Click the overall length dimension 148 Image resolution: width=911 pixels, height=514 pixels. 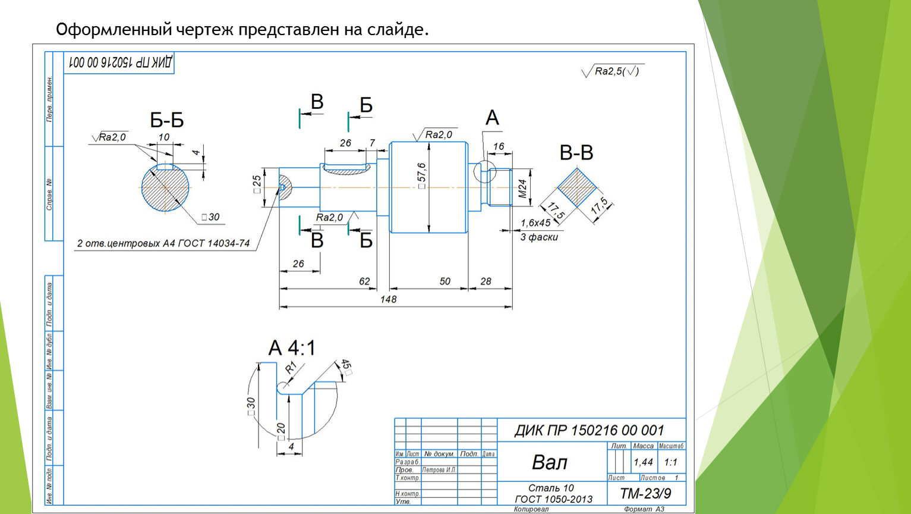(x=388, y=299)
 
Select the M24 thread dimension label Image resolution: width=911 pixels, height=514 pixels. (x=522, y=189)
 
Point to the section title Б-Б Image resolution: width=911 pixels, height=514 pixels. (x=167, y=120)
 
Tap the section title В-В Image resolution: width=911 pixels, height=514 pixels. (x=576, y=153)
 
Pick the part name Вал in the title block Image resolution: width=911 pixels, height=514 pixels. (x=549, y=462)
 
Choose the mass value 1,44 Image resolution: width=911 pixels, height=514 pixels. (x=643, y=462)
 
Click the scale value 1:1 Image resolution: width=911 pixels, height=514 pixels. (x=670, y=462)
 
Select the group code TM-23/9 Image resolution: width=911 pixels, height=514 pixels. (x=645, y=494)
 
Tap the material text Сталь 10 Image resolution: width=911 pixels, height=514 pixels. (x=551, y=488)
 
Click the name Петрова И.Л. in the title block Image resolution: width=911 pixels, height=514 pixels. (x=439, y=470)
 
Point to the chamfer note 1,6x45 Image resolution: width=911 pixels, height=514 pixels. (x=535, y=223)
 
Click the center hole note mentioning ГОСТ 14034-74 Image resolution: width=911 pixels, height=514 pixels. (x=163, y=243)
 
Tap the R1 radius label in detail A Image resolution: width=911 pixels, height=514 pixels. (x=291, y=368)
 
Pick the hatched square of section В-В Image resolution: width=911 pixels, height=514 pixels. (x=576, y=188)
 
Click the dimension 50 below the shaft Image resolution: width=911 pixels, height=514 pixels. (x=445, y=281)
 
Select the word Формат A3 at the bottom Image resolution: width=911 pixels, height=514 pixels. (x=644, y=509)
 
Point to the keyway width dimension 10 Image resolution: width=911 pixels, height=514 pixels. (x=163, y=137)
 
